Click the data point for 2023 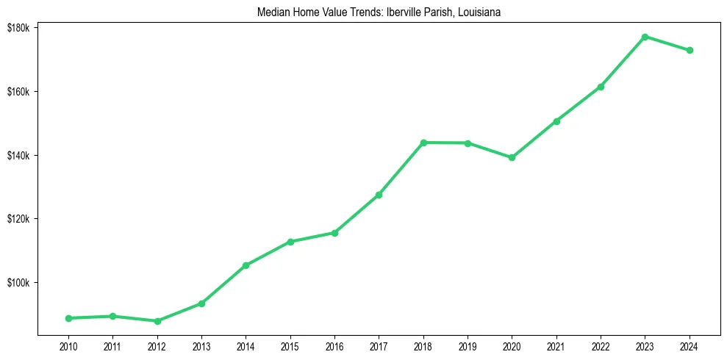645,37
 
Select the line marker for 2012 157,321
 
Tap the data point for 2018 423,143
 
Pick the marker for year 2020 512,157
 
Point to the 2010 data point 68,318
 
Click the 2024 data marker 690,50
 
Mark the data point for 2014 246,265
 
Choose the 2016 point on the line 334,233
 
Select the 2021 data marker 556,121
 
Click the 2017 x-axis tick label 379,345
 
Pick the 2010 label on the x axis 68,345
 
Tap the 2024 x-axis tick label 690,345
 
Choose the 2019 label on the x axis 468,345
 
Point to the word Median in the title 272,12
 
